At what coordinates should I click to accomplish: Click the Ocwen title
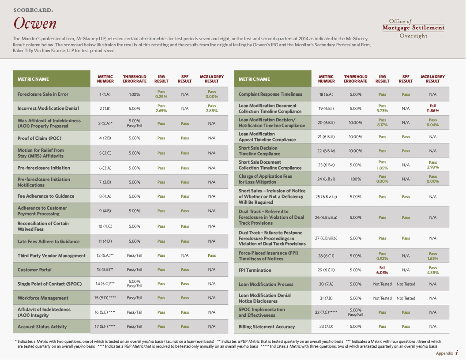click(x=35, y=23)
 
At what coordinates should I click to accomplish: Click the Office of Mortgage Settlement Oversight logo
click(x=413, y=28)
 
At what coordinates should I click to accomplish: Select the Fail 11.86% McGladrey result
click(x=432, y=108)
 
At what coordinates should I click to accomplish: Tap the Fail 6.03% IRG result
click(x=382, y=270)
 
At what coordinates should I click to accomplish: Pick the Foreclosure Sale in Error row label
click(x=43, y=94)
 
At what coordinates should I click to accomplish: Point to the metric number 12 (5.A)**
click(x=105, y=255)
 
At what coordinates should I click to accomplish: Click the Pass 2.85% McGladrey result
click(x=212, y=108)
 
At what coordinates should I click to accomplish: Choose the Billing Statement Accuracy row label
click(x=267, y=326)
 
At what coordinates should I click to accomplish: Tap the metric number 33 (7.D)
click(x=326, y=326)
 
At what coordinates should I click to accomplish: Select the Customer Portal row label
click(x=34, y=270)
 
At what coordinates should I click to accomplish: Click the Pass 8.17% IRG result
click(x=382, y=122)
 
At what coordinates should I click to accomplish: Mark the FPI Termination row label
click(x=255, y=270)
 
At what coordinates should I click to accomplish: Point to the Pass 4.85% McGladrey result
click(x=432, y=270)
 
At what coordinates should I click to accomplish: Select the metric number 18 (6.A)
click(x=326, y=94)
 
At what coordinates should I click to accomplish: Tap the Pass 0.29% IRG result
click(x=161, y=94)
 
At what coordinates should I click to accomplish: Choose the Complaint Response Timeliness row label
click(x=270, y=94)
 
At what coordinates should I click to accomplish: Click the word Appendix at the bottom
click(x=444, y=353)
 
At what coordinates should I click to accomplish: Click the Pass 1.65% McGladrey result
click(x=432, y=256)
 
